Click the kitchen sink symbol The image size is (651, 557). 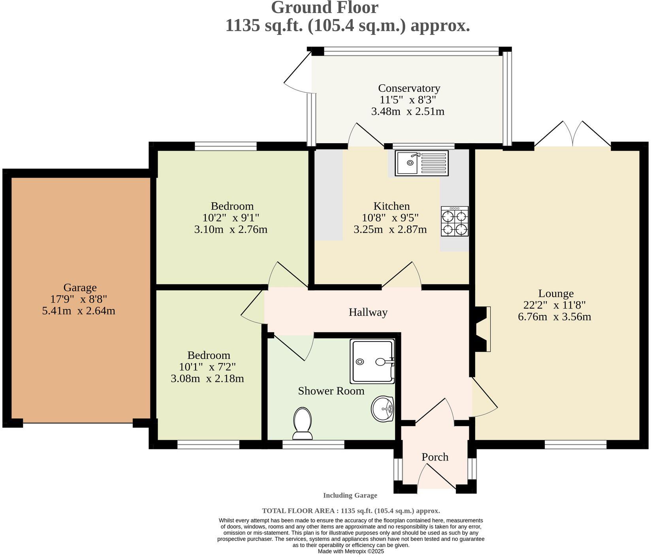pos(421,163)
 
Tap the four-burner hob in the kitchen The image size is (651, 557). pos(455,222)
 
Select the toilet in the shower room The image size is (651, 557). pos(303,424)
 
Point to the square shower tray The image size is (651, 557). pos(372,360)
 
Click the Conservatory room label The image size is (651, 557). pos(409,88)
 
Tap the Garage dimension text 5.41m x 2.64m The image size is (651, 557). pos(79,311)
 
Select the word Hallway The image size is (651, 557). pos(368,313)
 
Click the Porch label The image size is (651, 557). pos(435,457)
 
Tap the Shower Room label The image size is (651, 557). pos(331,391)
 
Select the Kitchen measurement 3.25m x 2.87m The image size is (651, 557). pos(390,229)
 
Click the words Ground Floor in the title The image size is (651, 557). pos(325,8)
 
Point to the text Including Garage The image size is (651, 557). pos(350,495)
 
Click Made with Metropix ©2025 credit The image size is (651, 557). pos(351,551)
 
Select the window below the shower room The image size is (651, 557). pos(313,445)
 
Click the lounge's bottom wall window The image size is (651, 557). pos(575,445)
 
